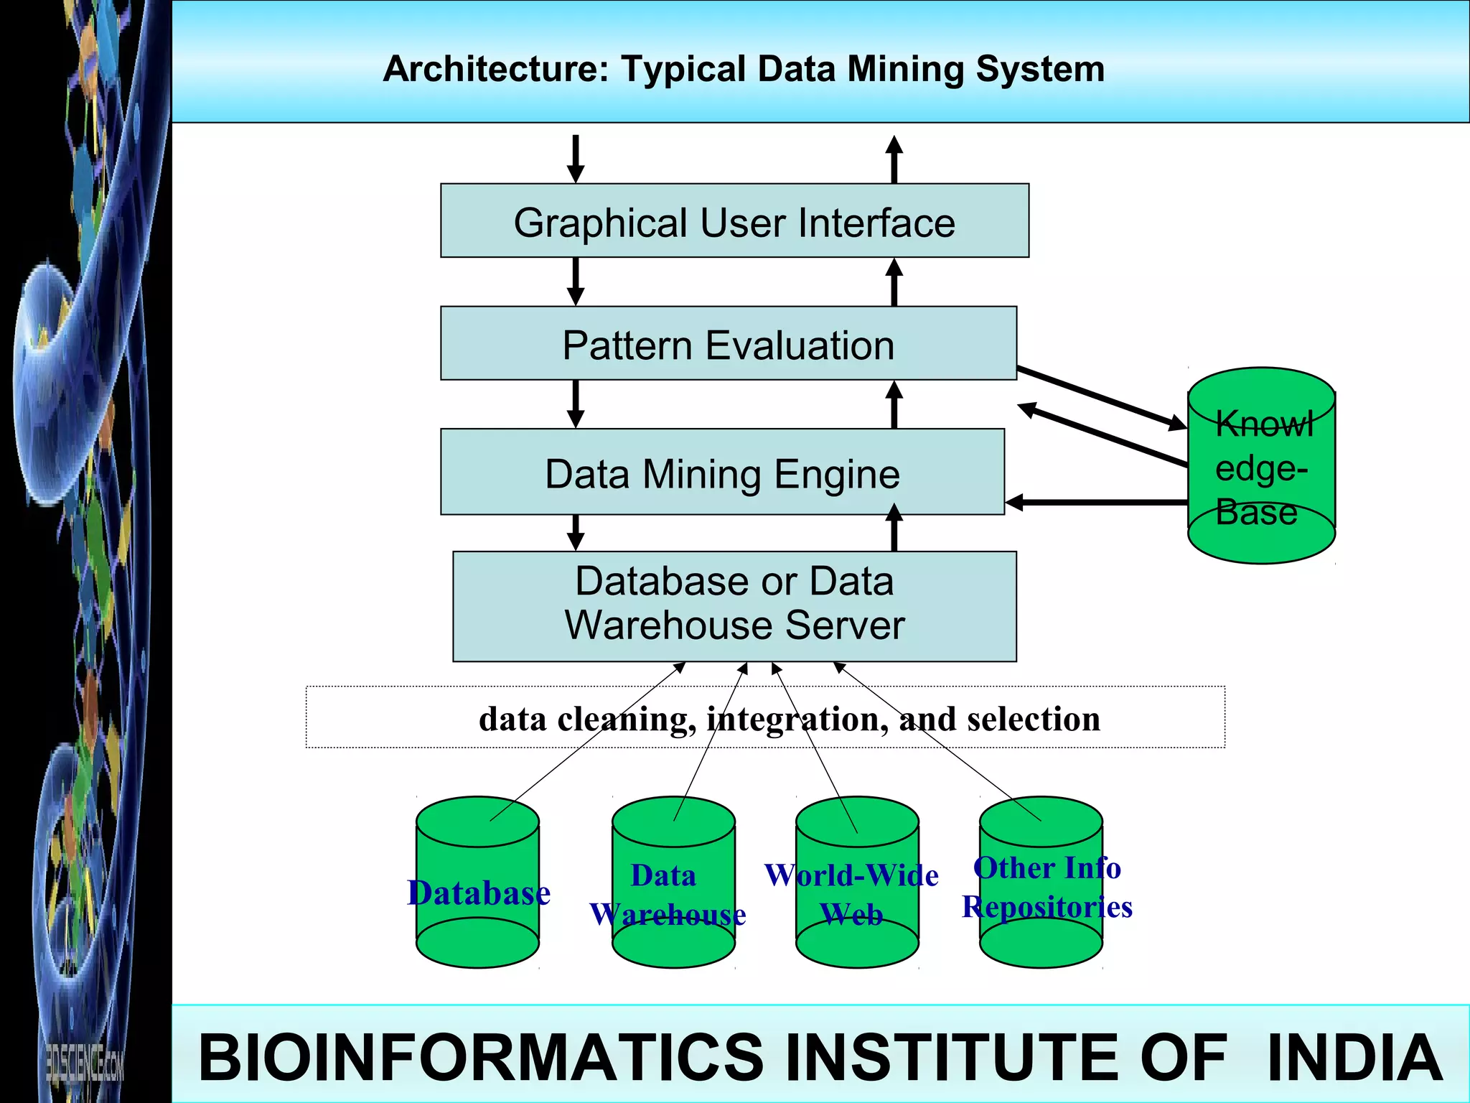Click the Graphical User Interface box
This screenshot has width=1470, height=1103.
coord(734,221)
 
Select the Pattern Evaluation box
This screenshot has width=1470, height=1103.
coord(728,344)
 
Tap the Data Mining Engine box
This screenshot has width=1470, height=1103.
coord(722,473)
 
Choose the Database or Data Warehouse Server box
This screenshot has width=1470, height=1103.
coord(734,605)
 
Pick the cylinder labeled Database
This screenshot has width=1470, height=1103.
coord(477,883)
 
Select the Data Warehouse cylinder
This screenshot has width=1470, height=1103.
coord(673,883)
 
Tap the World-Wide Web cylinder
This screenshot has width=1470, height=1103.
coord(856,883)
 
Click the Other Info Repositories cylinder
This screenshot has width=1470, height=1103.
coord(1041,883)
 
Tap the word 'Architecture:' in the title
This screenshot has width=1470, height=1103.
coord(495,70)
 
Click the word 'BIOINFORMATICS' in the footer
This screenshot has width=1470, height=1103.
coord(481,1057)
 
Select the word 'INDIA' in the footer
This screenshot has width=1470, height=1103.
coord(1354,1057)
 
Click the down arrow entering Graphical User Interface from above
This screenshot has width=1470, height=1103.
coord(576,159)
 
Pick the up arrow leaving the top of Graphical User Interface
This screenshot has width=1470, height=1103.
coord(894,159)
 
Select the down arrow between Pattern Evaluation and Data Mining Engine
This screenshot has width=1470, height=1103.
coord(576,404)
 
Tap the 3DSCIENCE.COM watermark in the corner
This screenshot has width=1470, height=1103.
coord(85,1061)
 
